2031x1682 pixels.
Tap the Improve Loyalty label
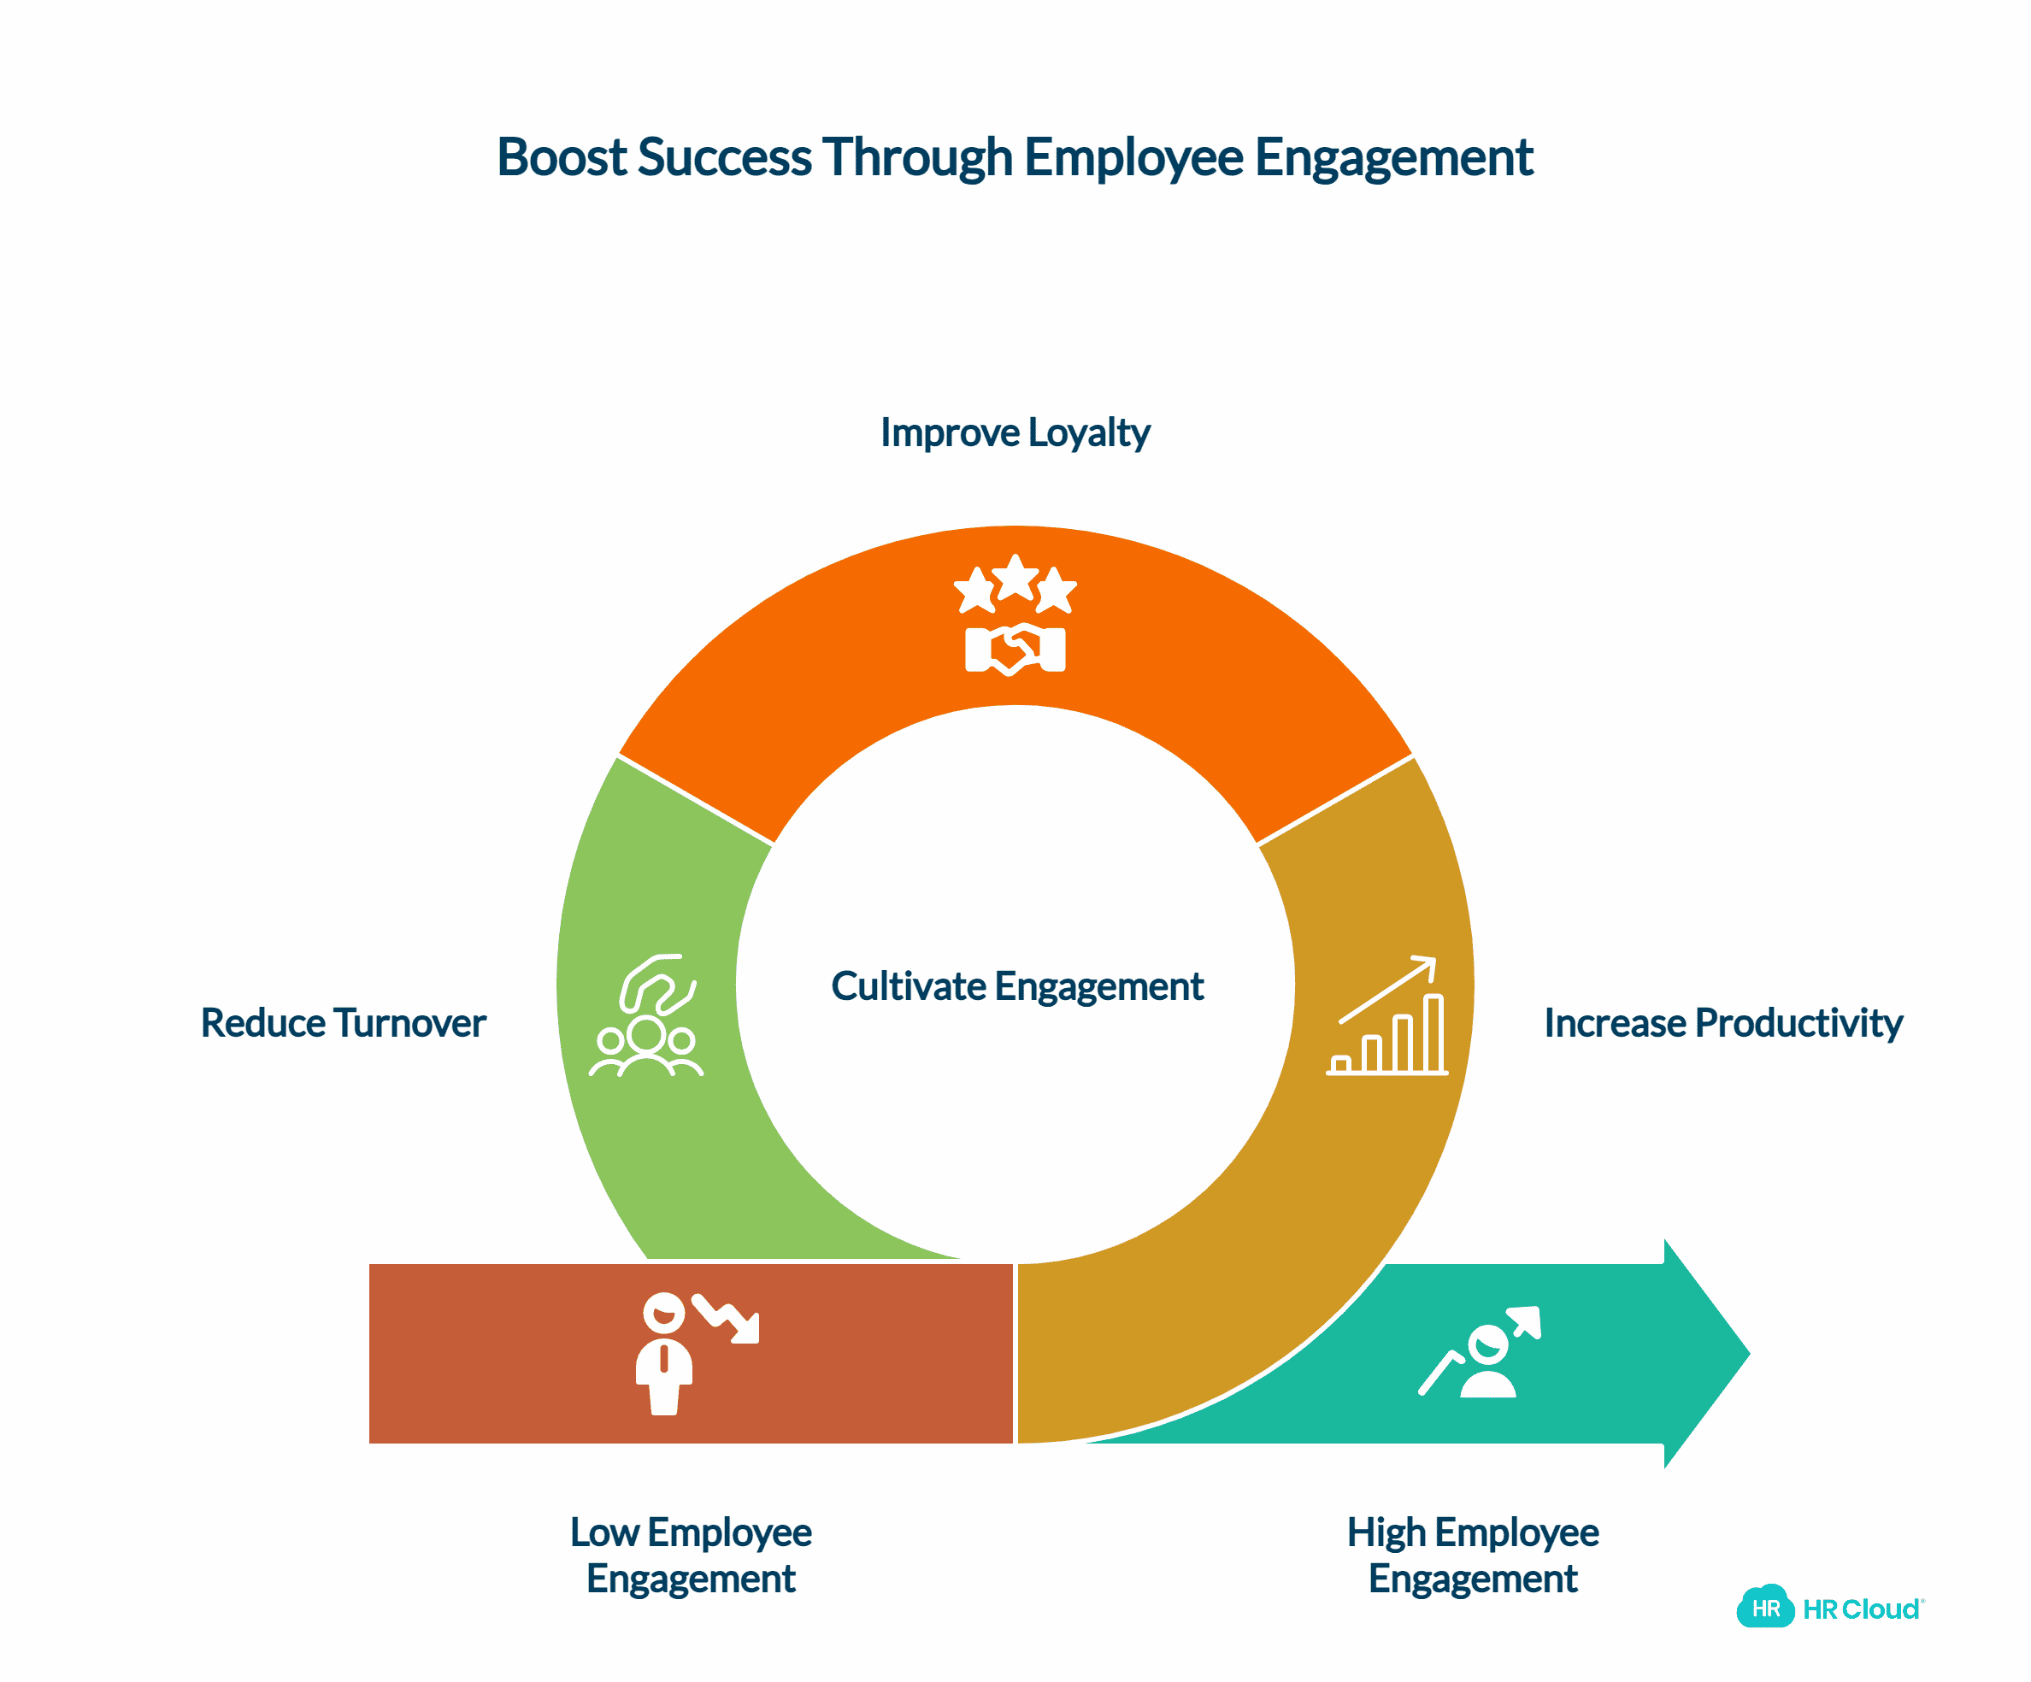(x=1015, y=432)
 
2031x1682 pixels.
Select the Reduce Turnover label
(x=344, y=1023)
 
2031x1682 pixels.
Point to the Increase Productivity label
(x=1722, y=1023)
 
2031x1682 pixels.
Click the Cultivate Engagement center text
(x=1016, y=986)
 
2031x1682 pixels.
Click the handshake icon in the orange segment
(x=1015, y=649)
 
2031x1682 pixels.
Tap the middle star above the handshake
(x=1015, y=578)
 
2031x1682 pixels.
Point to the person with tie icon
(x=663, y=1354)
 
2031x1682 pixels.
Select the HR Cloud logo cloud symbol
(x=1764, y=1608)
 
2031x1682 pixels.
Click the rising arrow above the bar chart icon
(x=1389, y=989)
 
